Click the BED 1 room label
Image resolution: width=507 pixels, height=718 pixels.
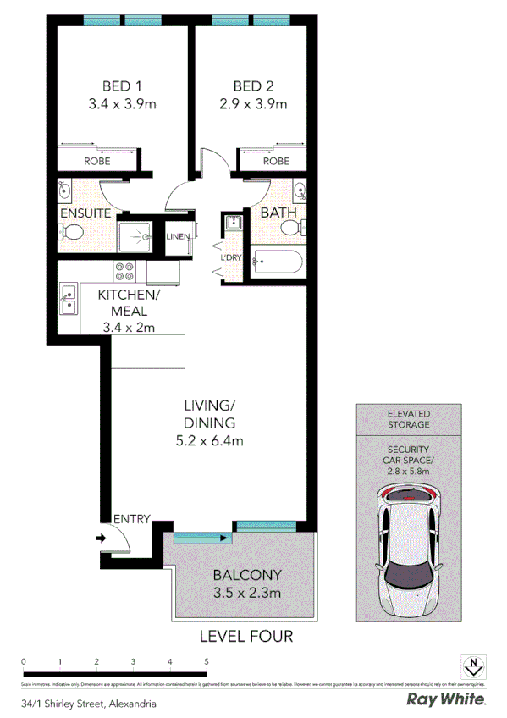[122, 86]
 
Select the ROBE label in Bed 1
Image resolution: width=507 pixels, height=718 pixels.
[96, 161]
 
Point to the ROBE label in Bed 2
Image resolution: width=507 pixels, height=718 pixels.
[276, 161]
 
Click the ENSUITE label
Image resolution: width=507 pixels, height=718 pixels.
[85, 213]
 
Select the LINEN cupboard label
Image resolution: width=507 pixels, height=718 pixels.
[178, 236]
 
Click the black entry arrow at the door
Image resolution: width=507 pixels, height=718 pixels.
[100, 537]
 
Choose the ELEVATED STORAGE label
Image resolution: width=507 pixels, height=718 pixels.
[409, 418]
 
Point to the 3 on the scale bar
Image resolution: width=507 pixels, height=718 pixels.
[134, 661]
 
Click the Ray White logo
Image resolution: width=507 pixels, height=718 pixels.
[446, 699]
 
